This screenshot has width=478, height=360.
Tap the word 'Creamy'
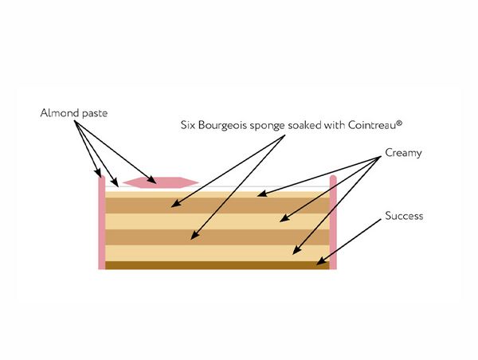tap(402, 153)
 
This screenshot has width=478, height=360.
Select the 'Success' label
tap(403, 215)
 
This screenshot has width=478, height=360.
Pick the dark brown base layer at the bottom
tap(215, 265)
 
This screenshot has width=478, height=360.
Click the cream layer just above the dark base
tap(215, 252)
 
